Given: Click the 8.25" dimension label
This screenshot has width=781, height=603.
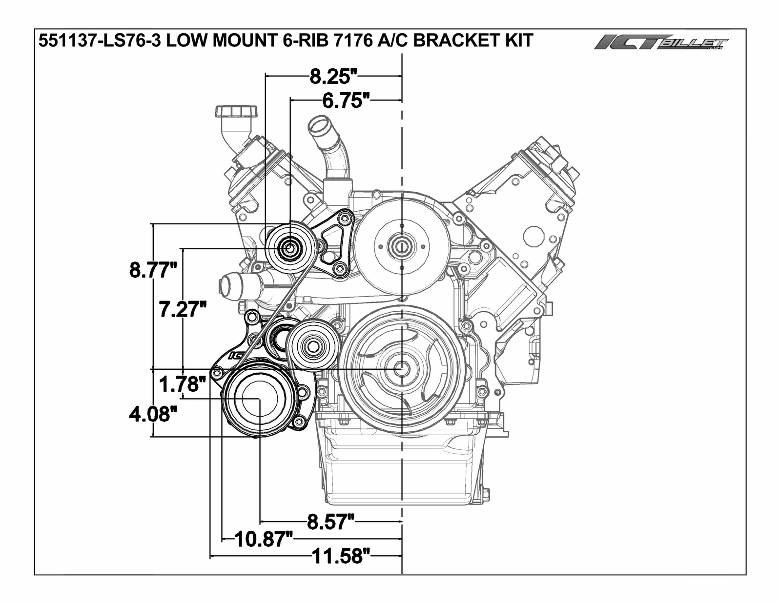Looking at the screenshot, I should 334,76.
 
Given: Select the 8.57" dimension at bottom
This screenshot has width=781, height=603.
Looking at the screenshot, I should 331,522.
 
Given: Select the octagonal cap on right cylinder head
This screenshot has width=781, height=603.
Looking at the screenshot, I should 534,236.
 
